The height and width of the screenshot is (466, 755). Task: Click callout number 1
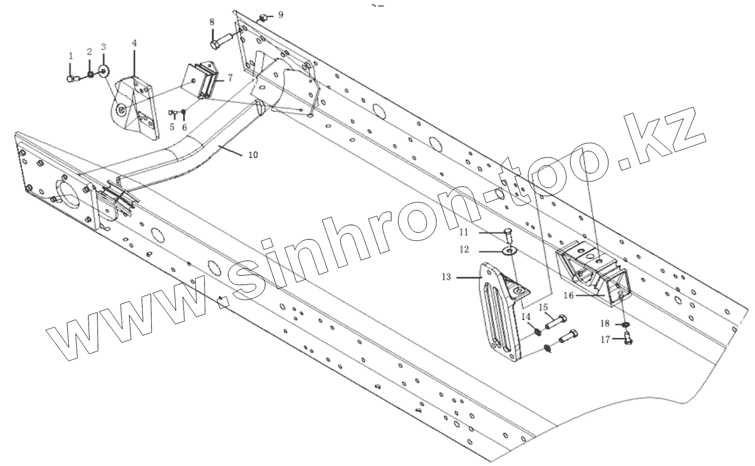pyautogui.click(x=71, y=56)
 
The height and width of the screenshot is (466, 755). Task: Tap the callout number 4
pyautogui.click(x=134, y=43)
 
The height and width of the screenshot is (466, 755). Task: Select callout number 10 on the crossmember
pyautogui.click(x=253, y=155)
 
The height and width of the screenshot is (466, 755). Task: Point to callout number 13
pyautogui.click(x=447, y=277)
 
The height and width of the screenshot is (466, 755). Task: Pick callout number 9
pyautogui.click(x=281, y=14)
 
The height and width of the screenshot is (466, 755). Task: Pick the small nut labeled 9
pyautogui.click(x=262, y=18)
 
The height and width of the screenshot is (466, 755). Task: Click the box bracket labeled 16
pyautogui.click(x=592, y=271)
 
